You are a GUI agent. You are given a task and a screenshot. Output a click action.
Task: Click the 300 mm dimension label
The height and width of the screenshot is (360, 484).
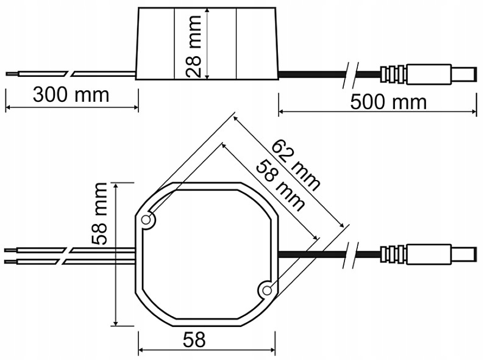tap(71, 95)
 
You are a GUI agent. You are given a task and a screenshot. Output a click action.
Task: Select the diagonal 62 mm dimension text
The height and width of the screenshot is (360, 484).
tap(295, 165)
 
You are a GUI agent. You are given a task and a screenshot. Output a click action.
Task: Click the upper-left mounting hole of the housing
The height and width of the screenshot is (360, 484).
tap(147, 220)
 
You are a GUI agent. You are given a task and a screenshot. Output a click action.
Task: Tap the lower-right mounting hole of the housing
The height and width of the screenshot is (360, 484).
tap(266, 291)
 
